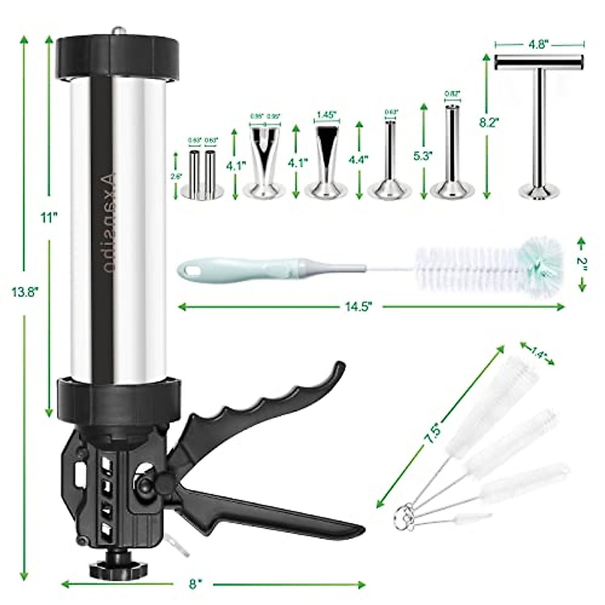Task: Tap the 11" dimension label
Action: coord(49,218)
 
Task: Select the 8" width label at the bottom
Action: coord(193,584)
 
